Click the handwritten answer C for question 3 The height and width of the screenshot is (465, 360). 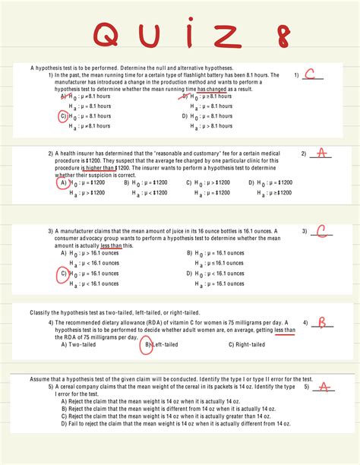coord(321,231)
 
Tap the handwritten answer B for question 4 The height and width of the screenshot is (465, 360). coord(321,323)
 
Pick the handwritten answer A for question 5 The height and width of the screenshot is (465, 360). coord(324,387)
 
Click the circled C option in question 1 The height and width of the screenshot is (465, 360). coord(64,116)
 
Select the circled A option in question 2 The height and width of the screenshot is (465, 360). coord(63,183)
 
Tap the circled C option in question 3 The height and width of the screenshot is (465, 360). coord(64,274)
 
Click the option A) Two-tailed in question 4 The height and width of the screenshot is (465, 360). coord(77,344)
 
